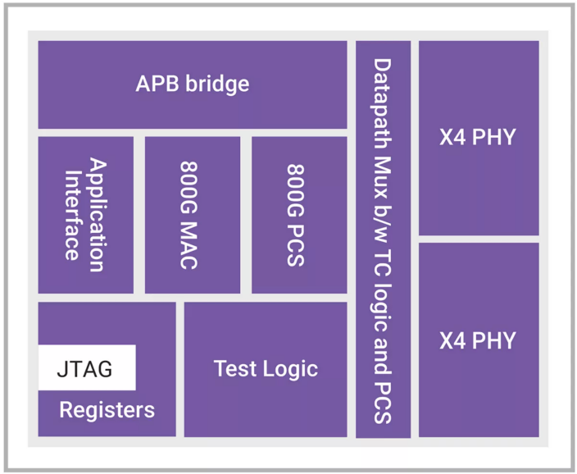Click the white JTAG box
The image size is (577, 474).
point(87,367)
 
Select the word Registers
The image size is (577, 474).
point(107,409)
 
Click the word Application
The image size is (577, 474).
point(97,215)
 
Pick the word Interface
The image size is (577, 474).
point(73,215)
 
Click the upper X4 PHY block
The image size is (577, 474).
point(479,137)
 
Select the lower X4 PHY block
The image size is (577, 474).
point(479,340)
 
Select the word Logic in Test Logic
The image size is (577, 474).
point(291,369)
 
